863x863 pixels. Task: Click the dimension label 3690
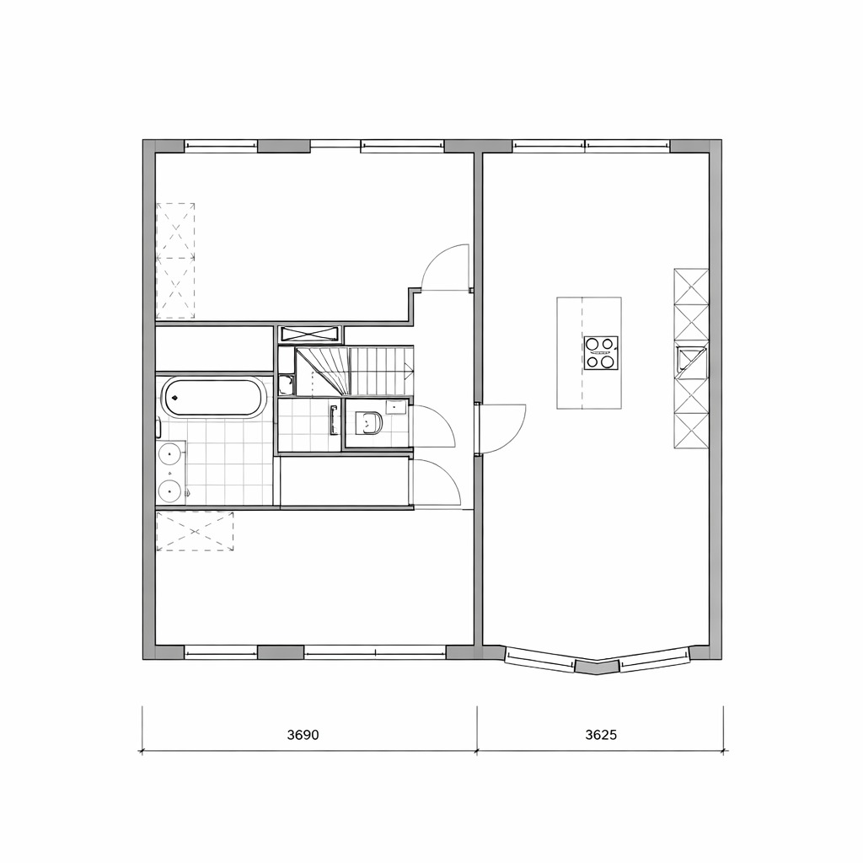[x=303, y=735]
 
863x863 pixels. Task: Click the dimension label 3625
[x=601, y=735]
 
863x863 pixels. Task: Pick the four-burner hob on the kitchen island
[x=600, y=353]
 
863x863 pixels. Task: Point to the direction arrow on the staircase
[x=409, y=371]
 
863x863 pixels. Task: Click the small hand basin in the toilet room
[x=396, y=407]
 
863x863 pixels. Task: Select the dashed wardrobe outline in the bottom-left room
[x=195, y=532]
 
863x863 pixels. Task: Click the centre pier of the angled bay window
[x=598, y=667]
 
